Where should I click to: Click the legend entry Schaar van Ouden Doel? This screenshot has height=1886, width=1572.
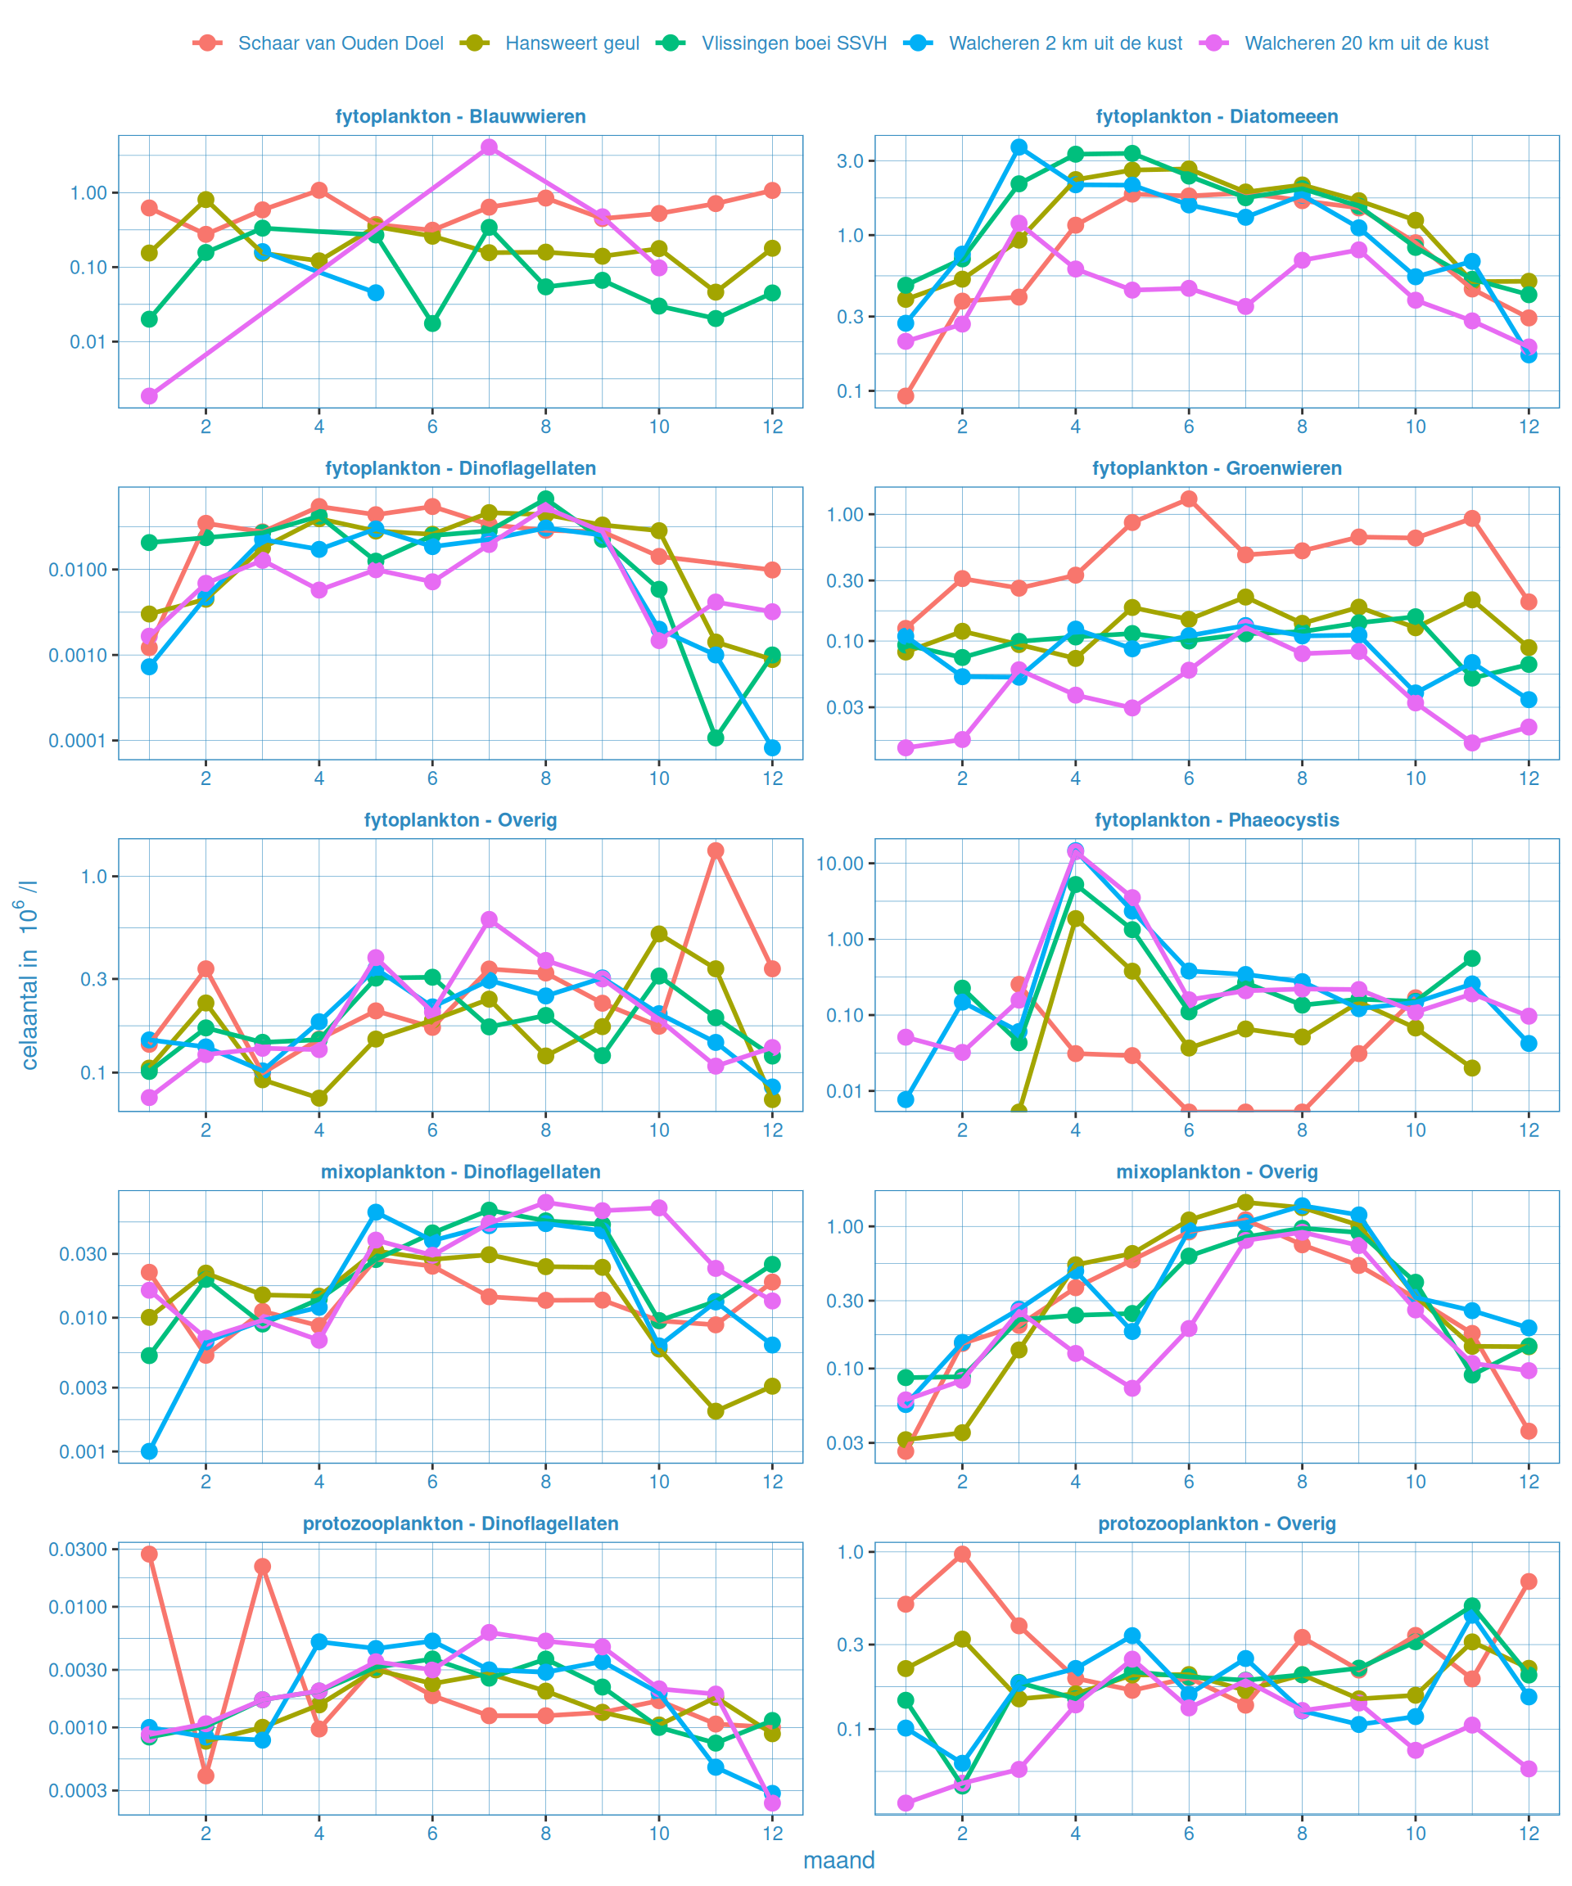coord(340,43)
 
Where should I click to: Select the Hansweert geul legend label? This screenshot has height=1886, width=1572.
coord(571,43)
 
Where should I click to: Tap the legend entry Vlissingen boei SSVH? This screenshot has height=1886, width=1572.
coord(793,43)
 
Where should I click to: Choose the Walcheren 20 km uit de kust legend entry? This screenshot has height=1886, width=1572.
coord(1366,43)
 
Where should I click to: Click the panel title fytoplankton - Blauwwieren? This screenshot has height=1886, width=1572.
coord(460,117)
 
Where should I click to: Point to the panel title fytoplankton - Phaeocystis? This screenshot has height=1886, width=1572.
coord(1217,820)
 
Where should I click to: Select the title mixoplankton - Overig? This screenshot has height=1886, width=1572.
coord(1217,1172)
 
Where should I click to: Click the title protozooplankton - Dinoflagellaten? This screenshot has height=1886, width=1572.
coord(460,1524)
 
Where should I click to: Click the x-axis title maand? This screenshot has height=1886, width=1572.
coord(838,1860)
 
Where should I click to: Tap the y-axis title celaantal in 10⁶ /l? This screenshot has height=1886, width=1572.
coord(29,974)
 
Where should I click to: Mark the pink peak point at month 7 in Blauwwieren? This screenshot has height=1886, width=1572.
coord(489,147)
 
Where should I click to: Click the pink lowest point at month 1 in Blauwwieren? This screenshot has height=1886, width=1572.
coord(149,396)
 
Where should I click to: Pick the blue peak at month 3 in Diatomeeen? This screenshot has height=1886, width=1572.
coord(1019,147)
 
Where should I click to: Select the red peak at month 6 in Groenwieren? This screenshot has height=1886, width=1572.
coord(1189,499)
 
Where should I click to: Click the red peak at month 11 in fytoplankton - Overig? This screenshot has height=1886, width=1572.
coord(716,851)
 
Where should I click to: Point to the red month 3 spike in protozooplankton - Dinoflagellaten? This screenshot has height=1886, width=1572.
coord(262,1566)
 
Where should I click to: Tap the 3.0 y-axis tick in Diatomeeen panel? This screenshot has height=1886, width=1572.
coord(850,160)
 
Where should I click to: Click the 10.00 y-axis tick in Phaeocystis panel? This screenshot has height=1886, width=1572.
coord(839,864)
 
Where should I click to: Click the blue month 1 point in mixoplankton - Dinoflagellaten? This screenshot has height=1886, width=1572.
coord(149,1451)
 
